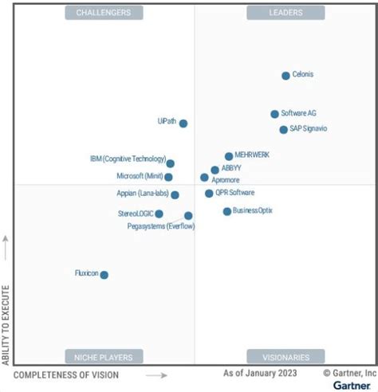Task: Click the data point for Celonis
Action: click(285, 76)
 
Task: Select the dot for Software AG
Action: click(274, 114)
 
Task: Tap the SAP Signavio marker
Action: click(283, 129)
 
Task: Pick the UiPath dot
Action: click(183, 123)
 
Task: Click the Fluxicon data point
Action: click(104, 275)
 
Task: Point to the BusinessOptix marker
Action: click(227, 211)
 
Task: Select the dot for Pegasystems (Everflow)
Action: click(188, 215)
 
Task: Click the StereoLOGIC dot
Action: click(159, 214)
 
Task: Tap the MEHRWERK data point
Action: click(229, 156)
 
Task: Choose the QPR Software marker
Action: click(209, 193)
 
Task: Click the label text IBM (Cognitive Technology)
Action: click(128, 159)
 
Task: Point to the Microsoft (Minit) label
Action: click(140, 176)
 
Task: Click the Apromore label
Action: click(226, 181)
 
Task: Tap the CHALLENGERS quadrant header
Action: click(104, 13)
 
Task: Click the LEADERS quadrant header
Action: click(285, 13)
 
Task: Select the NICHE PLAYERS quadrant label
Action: click(104, 357)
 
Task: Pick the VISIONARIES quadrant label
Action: click(285, 357)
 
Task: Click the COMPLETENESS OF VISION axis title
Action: click(66, 374)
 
